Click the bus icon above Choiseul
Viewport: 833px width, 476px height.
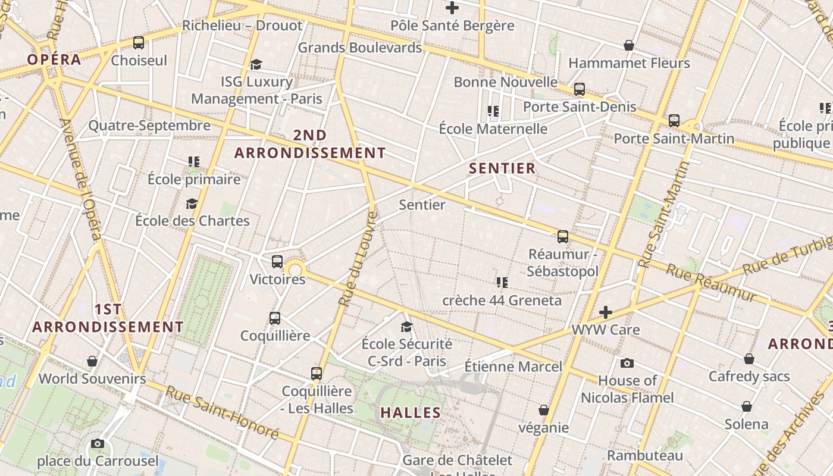coord(139,42)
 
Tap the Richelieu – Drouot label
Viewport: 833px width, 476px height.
coord(242,26)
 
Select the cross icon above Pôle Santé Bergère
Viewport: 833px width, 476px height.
coord(452,8)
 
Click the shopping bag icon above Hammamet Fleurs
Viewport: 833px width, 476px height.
coord(629,45)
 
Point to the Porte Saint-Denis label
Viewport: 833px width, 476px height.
coord(580,107)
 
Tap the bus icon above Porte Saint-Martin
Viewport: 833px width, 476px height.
coord(674,121)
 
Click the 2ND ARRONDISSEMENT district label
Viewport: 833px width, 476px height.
coord(310,144)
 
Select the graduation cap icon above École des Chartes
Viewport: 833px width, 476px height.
coord(192,203)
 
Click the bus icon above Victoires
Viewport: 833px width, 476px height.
coord(277,261)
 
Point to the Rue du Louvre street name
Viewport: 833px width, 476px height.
coord(358,258)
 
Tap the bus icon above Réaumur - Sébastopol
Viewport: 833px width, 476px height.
coord(563,237)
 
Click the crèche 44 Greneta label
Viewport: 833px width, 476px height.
coord(502,300)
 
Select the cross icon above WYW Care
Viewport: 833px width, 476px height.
coord(606,312)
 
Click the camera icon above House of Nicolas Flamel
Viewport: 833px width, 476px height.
coord(627,363)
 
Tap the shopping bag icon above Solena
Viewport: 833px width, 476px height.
coord(747,406)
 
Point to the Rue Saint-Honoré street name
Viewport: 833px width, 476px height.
coord(222,412)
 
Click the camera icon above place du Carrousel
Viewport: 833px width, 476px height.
coord(98,443)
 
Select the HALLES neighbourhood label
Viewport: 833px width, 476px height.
coord(411,412)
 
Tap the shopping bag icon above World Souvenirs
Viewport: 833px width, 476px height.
coord(92,361)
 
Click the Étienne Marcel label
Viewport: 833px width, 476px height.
coord(513,366)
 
